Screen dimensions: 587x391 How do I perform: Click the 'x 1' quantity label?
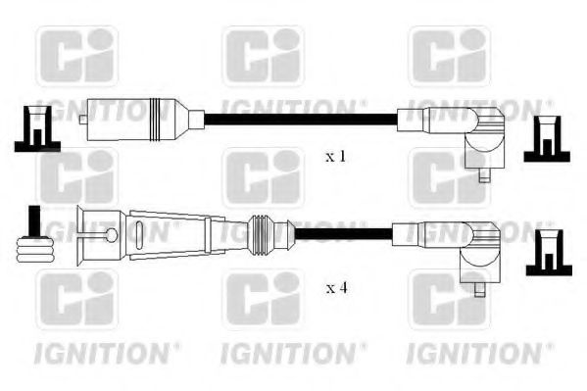point(336,156)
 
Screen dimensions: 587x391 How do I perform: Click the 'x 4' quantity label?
point(336,286)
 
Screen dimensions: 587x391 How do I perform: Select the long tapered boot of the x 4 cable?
point(147,235)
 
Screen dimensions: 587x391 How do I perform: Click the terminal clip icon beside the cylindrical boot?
point(35,129)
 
